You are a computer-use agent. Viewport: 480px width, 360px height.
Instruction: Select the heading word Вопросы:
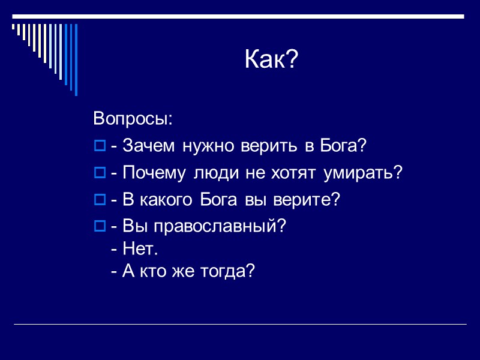(x=133, y=119)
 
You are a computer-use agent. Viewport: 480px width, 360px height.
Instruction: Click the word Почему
(x=156, y=173)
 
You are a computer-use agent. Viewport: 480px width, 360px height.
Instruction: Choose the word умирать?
(x=363, y=173)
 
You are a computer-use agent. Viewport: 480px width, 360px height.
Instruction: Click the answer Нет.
(x=140, y=248)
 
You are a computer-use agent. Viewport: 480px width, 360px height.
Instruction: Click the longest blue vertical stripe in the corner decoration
(x=76, y=60)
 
